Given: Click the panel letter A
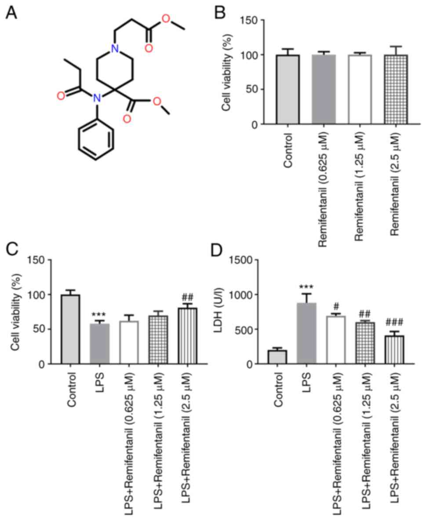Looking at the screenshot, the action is [11, 13].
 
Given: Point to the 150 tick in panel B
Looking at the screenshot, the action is [251, 20].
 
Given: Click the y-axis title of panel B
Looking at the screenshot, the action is [227, 73].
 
